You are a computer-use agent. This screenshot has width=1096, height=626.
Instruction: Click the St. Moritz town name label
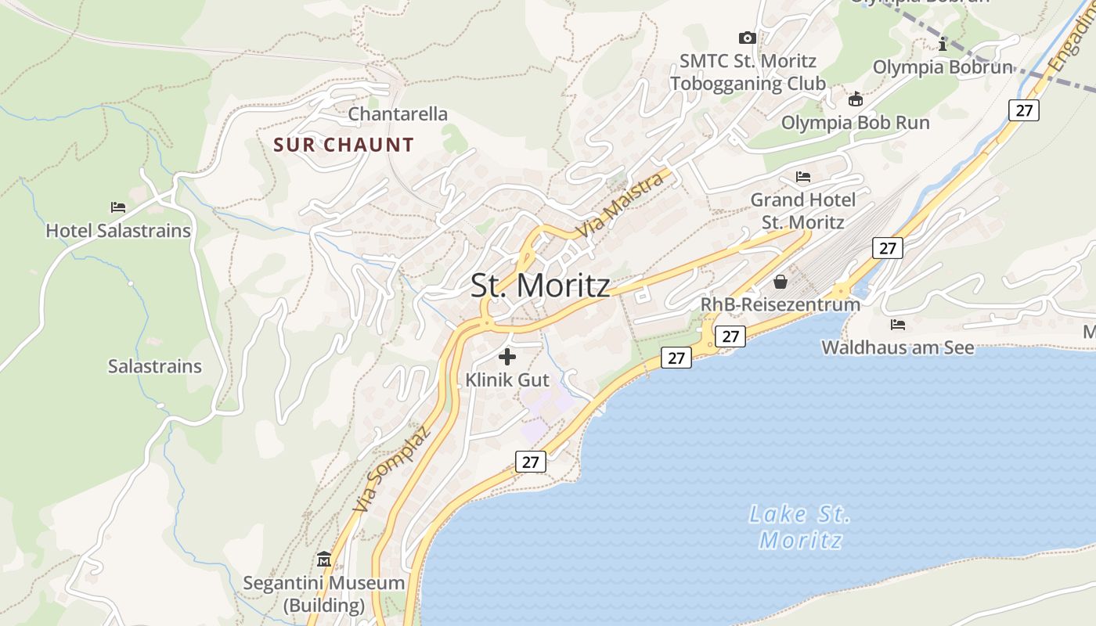tap(540, 286)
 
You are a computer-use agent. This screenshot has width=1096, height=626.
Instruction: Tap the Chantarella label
tap(398, 114)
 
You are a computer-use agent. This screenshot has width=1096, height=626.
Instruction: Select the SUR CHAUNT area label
tap(344, 145)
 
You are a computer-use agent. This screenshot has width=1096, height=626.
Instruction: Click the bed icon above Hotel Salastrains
tap(118, 207)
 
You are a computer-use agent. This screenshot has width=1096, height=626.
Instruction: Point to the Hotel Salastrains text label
tap(118, 231)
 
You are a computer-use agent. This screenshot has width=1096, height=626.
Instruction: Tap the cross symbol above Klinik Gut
tap(507, 358)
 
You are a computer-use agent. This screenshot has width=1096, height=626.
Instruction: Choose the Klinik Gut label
tap(507, 380)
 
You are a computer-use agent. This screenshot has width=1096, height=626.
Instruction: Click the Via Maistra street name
tap(619, 206)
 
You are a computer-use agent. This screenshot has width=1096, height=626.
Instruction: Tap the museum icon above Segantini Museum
tap(324, 559)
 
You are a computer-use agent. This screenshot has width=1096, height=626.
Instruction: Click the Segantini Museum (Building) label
tap(324, 594)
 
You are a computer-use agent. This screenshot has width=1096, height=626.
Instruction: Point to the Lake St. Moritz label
tap(800, 527)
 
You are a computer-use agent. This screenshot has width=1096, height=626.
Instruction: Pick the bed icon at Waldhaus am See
tap(897, 325)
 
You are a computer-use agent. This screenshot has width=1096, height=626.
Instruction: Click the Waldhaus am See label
tap(897, 347)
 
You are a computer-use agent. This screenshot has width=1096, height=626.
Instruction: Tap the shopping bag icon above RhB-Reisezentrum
tap(781, 282)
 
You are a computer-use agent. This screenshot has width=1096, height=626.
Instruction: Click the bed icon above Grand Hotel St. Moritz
tap(803, 177)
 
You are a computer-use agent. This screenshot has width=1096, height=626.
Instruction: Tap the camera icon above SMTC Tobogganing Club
tap(748, 38)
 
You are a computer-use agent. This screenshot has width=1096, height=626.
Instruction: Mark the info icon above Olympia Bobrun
tap(943, 45)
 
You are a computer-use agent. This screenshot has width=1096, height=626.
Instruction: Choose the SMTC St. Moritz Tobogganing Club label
tap(748, 72)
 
